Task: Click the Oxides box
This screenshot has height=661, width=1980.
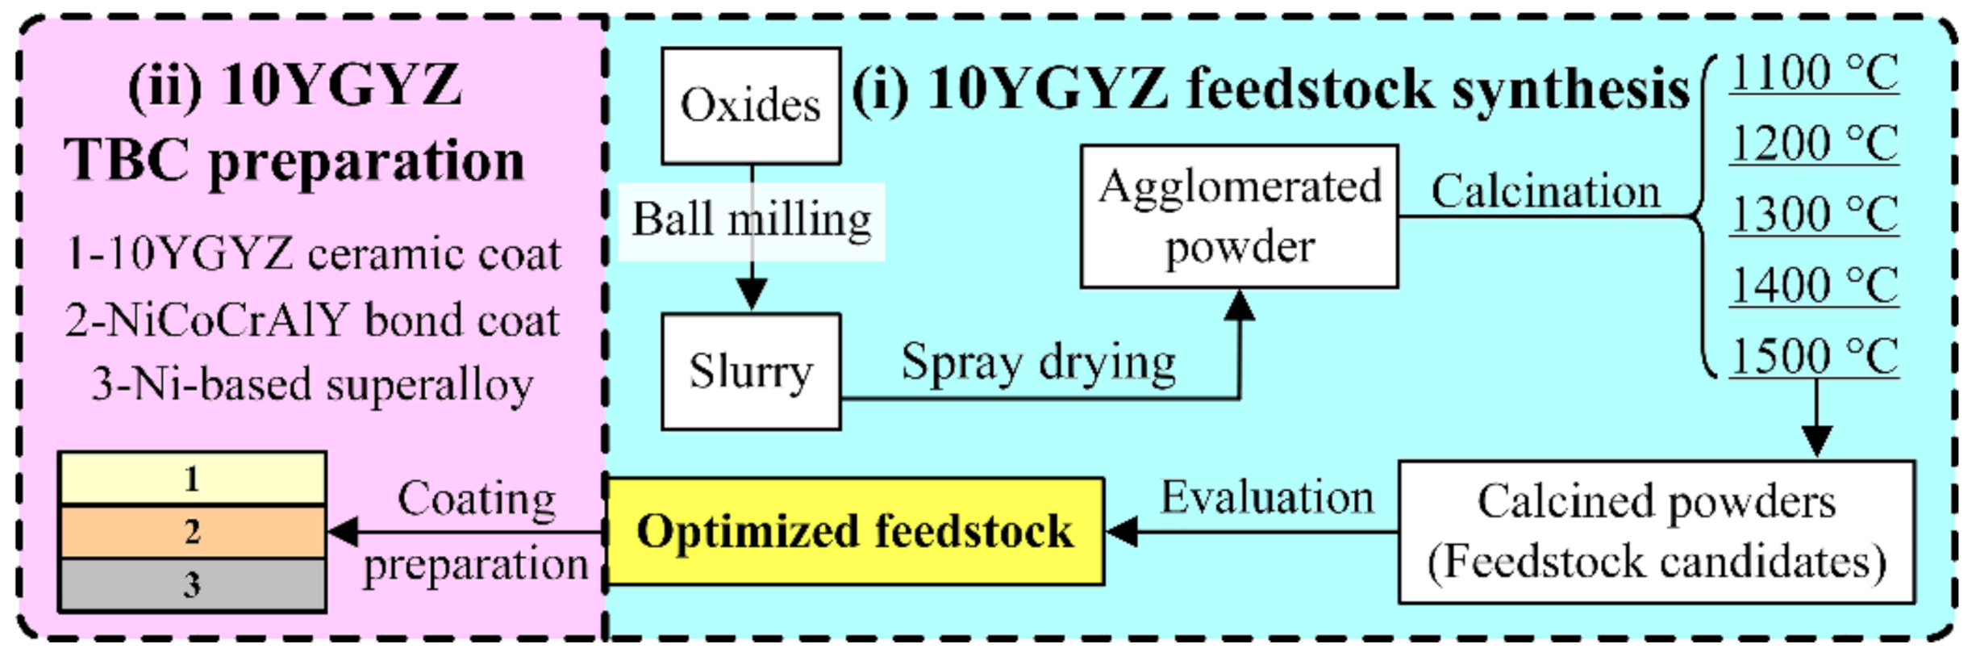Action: click(751, 106)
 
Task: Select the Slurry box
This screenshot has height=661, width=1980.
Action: click(751, 371)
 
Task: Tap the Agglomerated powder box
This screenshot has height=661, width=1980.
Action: click(1239, 216)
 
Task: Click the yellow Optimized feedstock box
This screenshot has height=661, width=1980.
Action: click(854, 531)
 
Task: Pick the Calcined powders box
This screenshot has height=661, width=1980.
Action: click(1656, 531)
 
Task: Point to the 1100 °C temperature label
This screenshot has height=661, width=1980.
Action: click(1815, 73)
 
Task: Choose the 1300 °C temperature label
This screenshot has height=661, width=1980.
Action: click(1815, 215)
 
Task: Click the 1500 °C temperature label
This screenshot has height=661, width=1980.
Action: click(1815, 356)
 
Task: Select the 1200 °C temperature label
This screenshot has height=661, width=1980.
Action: click(1815, 144)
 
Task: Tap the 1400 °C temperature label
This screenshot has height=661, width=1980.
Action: click(1815, 285)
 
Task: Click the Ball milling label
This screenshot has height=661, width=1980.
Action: click(751, 220)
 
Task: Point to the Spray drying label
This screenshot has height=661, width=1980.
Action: click(1038, 362)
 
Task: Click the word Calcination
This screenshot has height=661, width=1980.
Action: click(1545, 192)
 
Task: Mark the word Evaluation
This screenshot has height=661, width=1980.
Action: click(1266, 497)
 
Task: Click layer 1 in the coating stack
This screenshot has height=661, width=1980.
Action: click(192, 479)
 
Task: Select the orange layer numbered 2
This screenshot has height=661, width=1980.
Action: click(192, 531)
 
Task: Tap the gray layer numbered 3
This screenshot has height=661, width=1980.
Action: click(192, 584)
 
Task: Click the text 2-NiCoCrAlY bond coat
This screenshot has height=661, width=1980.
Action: click(312, 320)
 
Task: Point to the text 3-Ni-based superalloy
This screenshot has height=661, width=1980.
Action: click(312, 384)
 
